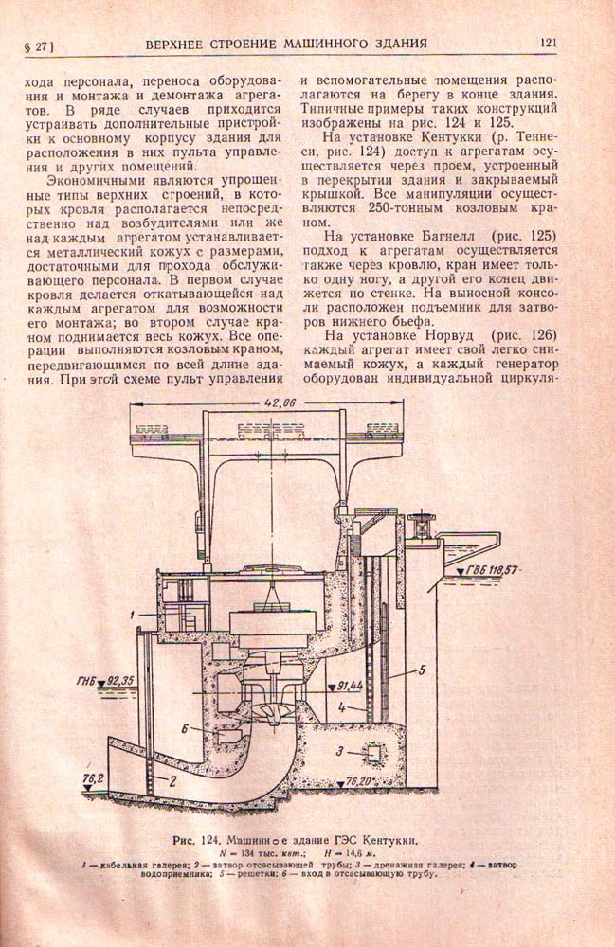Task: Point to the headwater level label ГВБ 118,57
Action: point(495,570)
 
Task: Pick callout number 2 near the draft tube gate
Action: point(173,781)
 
